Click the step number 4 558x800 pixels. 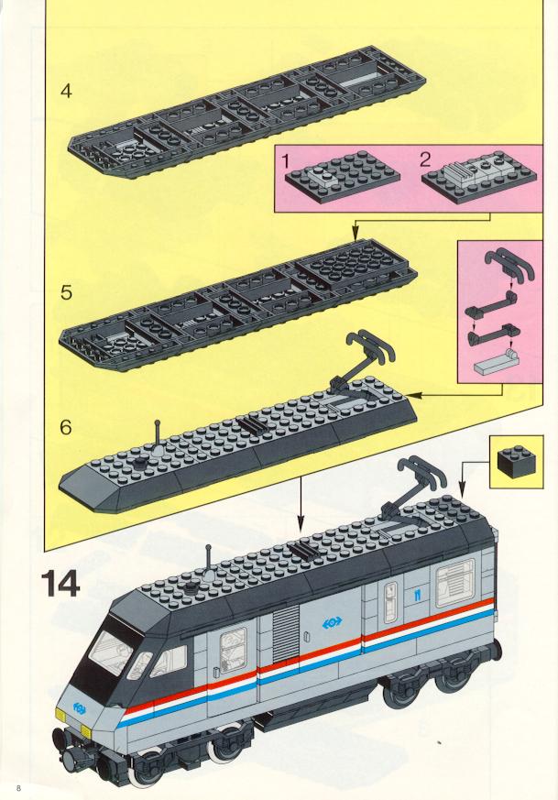66,91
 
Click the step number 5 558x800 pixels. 66,293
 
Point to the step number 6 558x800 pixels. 66,427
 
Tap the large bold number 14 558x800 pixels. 60,583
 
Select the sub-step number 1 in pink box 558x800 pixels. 286,161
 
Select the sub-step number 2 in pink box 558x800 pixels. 426,160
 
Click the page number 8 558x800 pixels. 19,789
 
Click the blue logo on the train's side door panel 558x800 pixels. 332,622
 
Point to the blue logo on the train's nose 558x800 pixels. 80,707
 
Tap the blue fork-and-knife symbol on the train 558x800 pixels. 417,594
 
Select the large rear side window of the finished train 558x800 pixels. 455,582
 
